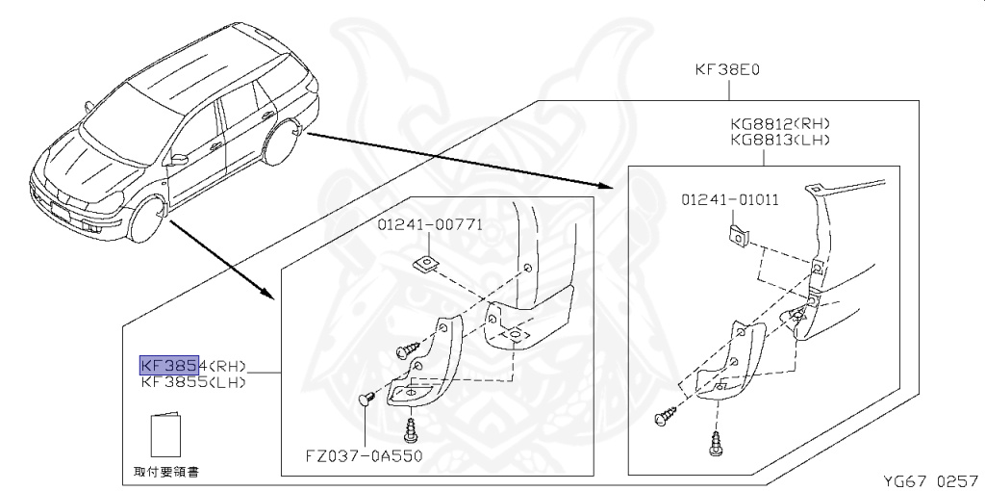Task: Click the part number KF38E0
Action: (x=727, y=70)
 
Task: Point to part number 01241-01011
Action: (x=730, y=200)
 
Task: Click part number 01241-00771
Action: (x=430, y=225)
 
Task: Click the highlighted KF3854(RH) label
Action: (x=193, y=366)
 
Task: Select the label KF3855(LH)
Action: (x=193, y=382)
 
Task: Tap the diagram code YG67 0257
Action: (x=930, y=479)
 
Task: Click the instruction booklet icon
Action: (x=165, y=436)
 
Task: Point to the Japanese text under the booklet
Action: (x=166, y=473)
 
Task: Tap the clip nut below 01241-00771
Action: (x=420, y=263)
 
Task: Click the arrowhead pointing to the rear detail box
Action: (x=604, y=187)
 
